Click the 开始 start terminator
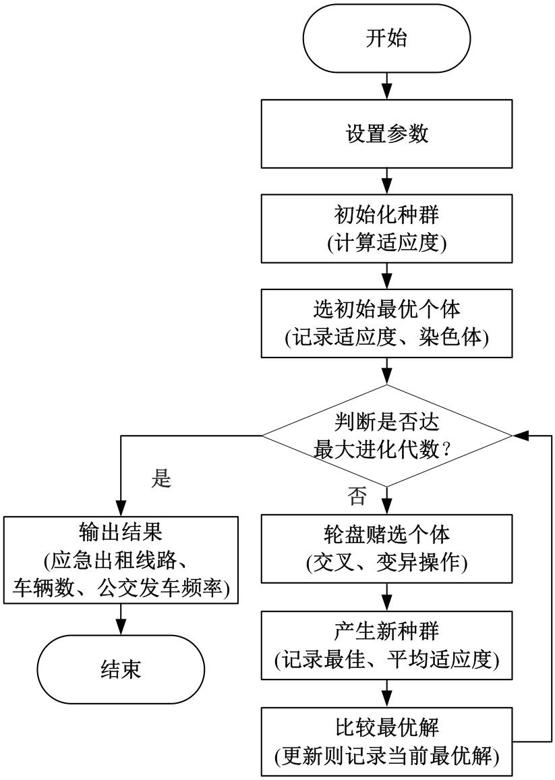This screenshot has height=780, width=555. [386, 38]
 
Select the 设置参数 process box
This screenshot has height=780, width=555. [386, 134]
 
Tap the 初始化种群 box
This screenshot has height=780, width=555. [386, 228]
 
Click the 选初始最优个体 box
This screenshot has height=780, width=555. [386, 323]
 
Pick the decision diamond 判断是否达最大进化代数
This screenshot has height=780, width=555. [386, 436]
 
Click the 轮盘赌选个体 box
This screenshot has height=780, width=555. [386, 548]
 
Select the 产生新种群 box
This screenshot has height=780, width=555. [386, 645]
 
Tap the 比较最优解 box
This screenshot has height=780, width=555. [386, 742]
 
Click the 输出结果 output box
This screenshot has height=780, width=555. [121, 560]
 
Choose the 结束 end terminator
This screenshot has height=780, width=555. [121, 669]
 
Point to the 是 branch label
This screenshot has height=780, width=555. [161, 478]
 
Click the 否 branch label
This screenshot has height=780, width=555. [357, 496]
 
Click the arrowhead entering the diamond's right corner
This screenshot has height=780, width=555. [519, 436]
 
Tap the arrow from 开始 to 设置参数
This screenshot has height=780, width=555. [386, 86]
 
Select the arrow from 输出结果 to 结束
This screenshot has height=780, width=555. [121, 619]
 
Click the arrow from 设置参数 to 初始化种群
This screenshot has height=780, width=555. [386, 181]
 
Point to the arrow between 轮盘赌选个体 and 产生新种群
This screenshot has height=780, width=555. [386, 597]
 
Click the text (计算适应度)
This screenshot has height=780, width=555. [386, 244]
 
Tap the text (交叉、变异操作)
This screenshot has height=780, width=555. [386, 563]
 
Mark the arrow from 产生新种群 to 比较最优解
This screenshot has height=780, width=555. [386, 694]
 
